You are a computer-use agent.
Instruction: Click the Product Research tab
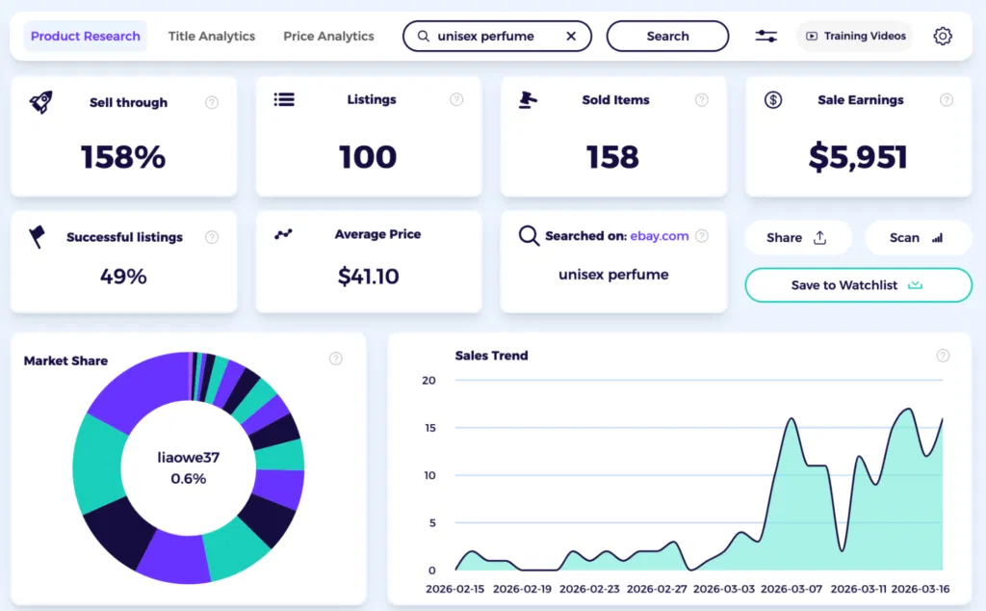[86, 37]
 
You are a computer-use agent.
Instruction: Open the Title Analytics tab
[212, 37]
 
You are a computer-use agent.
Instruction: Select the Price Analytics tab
[328, 37]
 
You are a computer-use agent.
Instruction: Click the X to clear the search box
[571, 37]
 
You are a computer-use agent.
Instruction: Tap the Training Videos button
[855, 37]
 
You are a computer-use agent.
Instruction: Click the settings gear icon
[943, 37]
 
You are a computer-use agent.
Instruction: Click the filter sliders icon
[765, 37]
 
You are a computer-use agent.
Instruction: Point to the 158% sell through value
[123, 157]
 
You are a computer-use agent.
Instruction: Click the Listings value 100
[368, 157]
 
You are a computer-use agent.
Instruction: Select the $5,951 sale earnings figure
[858, 157]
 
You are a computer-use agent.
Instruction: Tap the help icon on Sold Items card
[702, 100]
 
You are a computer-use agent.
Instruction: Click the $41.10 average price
[368, 277]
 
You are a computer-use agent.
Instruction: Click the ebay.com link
[660, 236]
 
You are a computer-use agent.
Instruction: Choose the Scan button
[911, 238]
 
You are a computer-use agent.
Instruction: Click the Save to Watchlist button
[857, 285]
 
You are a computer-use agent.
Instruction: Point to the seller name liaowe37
[189, 458]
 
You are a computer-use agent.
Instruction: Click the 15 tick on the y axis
[429, 428]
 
